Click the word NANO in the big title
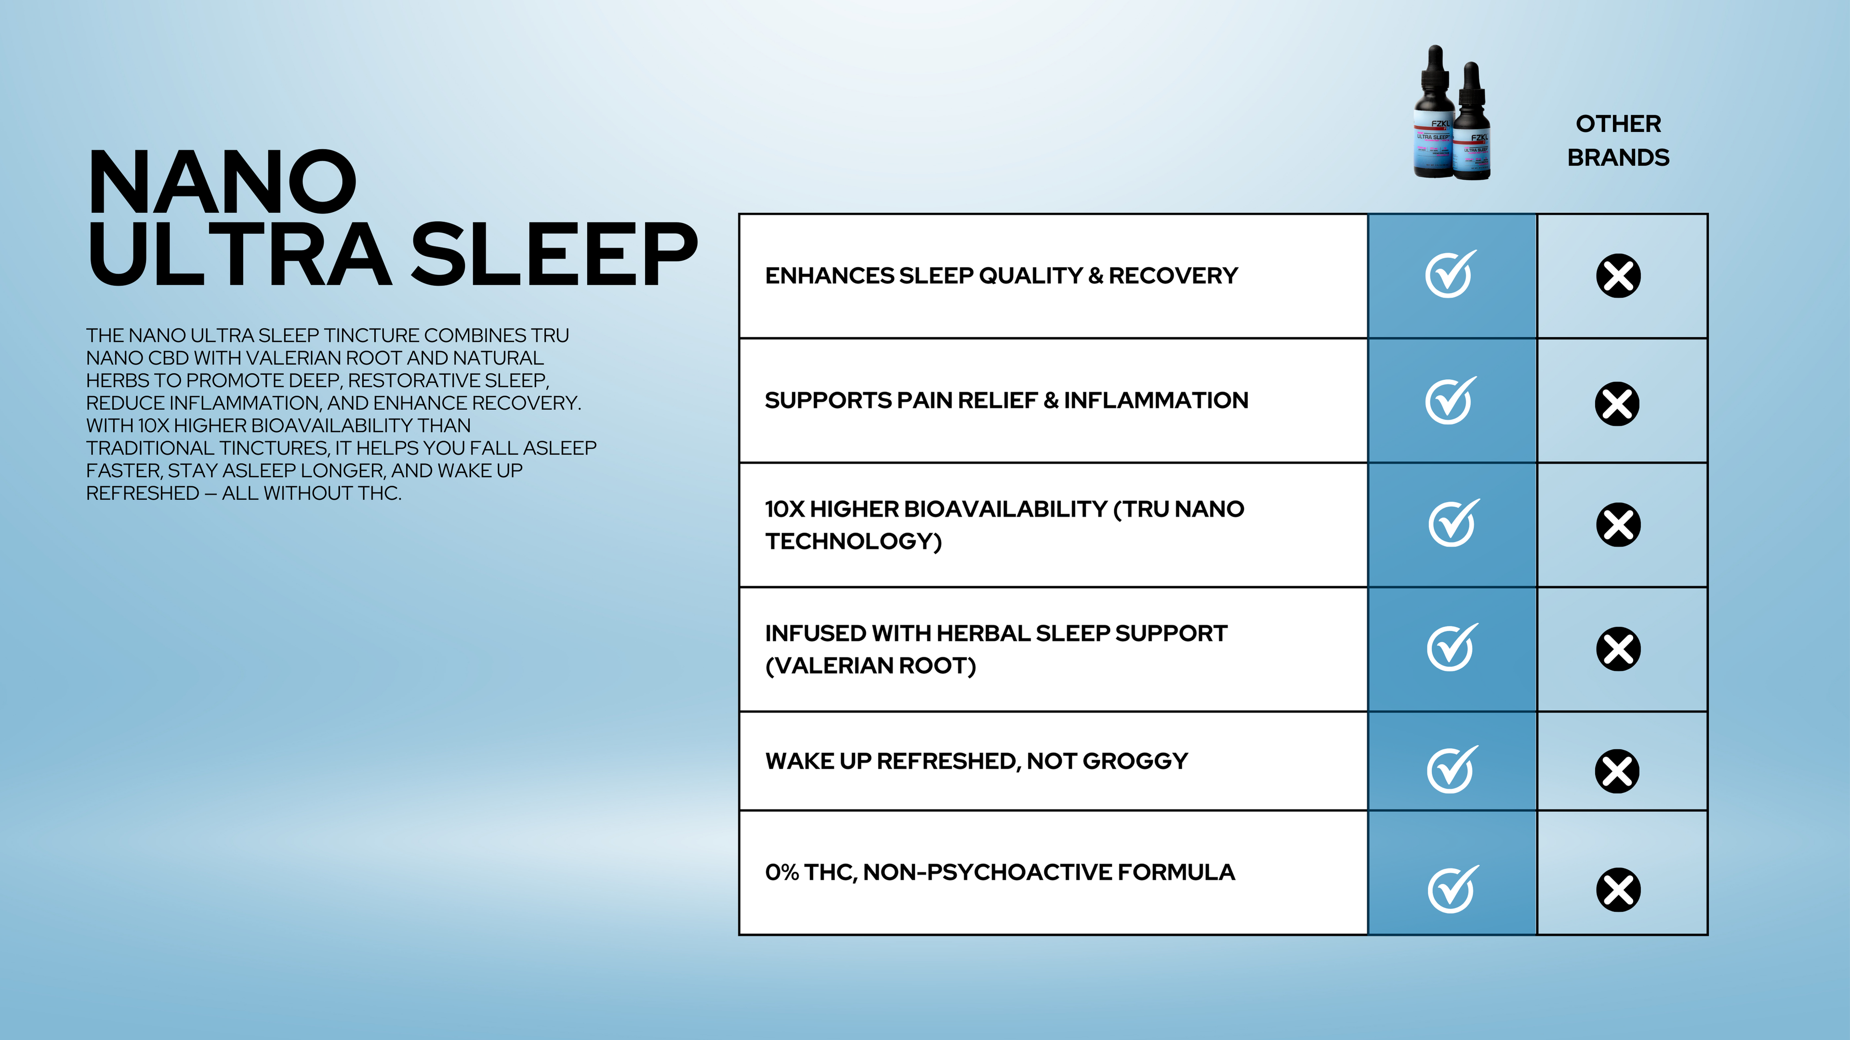(x=222, y=182)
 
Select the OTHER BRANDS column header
(x=1618, y=141)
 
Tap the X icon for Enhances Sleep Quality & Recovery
(x=1618, y=275)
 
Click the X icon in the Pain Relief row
(x=1617, y=403)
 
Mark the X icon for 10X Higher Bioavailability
(x=1618, y=525)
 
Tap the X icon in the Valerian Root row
(x=1618, y=650)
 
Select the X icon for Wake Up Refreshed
(x=1617, y=771)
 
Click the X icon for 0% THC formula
(x=1618, y=890)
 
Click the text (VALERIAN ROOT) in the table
(x=871, y=665)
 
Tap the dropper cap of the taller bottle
(x=1435, y=72)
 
